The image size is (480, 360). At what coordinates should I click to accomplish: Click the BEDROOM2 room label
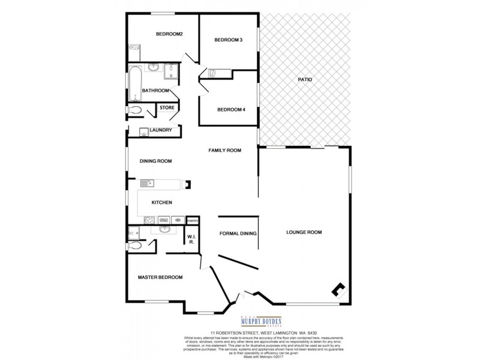[169, 34]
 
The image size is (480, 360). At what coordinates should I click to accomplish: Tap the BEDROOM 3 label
[228, 40]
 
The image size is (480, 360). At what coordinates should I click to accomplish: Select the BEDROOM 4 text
[231, 109]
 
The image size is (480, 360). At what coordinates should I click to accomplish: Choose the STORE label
[167, 108]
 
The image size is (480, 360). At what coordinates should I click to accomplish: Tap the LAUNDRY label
[161, 130]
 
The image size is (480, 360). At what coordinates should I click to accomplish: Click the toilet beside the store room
[135, 110]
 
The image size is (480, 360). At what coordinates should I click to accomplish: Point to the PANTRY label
[192, 220]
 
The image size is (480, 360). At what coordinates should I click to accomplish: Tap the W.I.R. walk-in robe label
[191, 239]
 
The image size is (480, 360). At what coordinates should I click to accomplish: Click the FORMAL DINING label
[238, 233]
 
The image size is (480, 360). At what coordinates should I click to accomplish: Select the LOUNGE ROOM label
[304, 232]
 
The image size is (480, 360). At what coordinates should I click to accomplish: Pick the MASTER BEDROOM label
[160, 277]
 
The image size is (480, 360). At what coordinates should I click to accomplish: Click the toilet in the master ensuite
[135, 245]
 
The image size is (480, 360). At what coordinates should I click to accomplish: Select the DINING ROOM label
[155, 161]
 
